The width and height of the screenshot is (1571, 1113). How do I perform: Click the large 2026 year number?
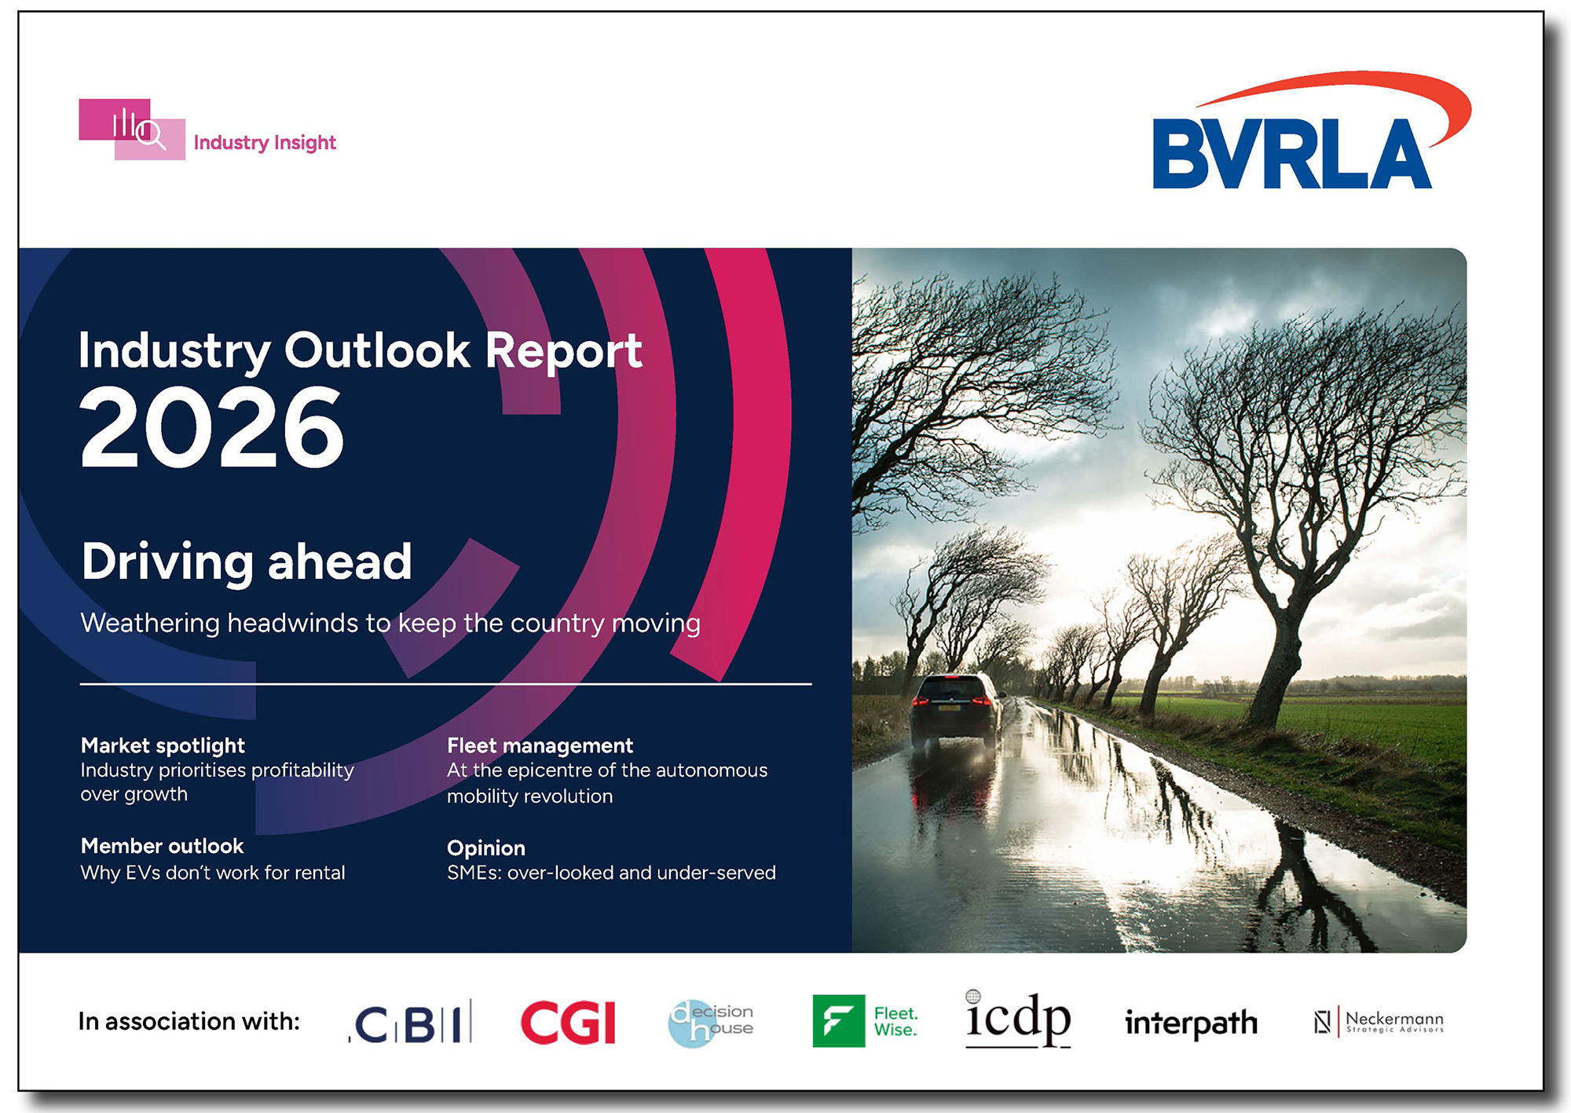pos(212,428)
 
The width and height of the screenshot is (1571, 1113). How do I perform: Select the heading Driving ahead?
pos(247,562)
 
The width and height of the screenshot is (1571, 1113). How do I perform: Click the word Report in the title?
pos(563,350)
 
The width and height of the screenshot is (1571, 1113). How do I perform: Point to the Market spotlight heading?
pos(163,745)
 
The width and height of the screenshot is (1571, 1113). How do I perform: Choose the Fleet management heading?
pos(540,745)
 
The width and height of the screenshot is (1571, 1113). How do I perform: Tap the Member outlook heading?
pos(162,846)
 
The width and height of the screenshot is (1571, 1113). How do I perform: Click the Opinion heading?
pos(485,848)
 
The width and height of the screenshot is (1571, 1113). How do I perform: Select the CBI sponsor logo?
pos(411,1022)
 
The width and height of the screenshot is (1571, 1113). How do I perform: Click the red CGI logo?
pos(568,1022)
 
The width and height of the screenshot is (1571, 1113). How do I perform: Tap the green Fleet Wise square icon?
pos(838,1021)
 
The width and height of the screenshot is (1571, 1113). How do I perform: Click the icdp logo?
pos(1017,1019)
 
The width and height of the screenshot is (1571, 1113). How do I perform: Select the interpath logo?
pos(1191,1023)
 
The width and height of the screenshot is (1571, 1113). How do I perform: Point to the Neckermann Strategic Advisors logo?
pos(1379,1022)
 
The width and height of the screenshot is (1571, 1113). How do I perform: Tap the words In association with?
pos(189,1021)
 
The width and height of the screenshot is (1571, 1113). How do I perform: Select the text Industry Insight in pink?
pos(265,143)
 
